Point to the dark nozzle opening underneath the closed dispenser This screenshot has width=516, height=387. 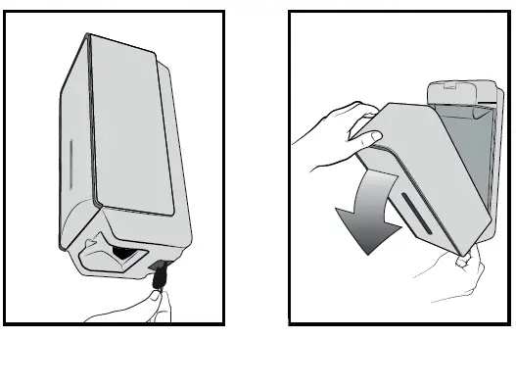[124, 255]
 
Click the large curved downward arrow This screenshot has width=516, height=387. [366, 207]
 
